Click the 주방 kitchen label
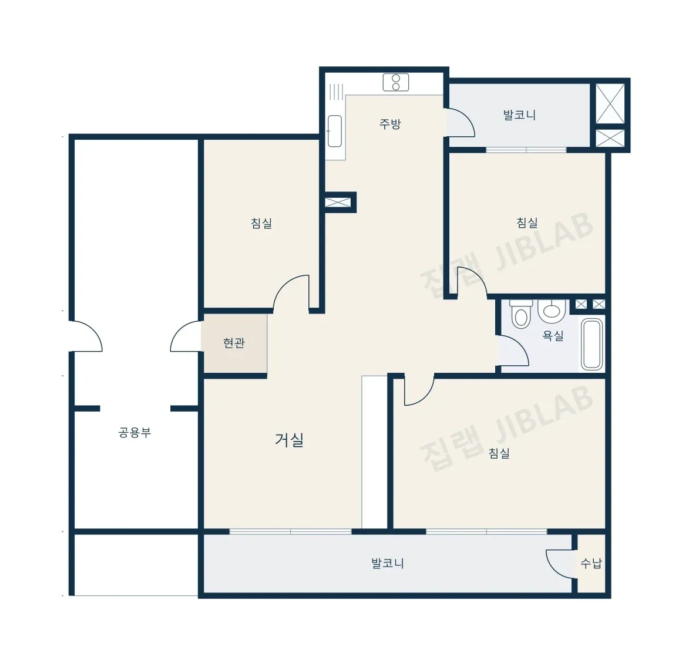[389, 124]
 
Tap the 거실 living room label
[290, 440]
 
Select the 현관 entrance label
[234, 343]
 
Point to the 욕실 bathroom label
[553, 335]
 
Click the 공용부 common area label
[135, 432]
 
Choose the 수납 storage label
[591, 564]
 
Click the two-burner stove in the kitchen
[396, 82]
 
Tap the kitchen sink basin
[335, 131]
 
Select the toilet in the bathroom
[521, 314]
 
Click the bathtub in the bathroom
[593, 345]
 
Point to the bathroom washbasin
[552, 310]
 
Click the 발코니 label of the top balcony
[519, 115]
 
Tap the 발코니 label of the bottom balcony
[388, 563]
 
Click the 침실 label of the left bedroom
[261, 223]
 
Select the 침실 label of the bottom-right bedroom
[499, 453]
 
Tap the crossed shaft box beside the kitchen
[338, 203]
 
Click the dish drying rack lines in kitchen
[336, 92]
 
